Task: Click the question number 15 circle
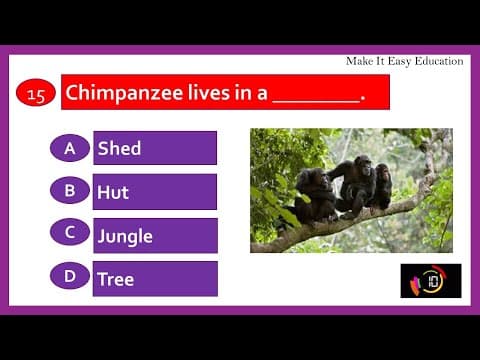pyautogui.click(x=35, y=94)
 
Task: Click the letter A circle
pyautogui.click(x=70, y=148)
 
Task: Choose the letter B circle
pyautogui.click(x=70, y=190)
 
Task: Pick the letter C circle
pyautogui.click(x=70, y=233)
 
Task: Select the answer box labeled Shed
pyautogui.click(x=155, y=148)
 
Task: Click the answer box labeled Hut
pyautogui.click(x=155, y=191)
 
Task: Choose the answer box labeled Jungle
pyautogui.click(x=155, y=235)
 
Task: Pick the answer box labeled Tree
pyautogui.click(x=155, y=279)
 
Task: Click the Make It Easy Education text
pyautogui.click(x=404, y=61)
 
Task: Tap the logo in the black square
pyautogui.click(x=430, y=281)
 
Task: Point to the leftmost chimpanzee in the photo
pyautogui.click(x=316, y=194)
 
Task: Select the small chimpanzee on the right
pyautogui.click(x=381, y=185)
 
